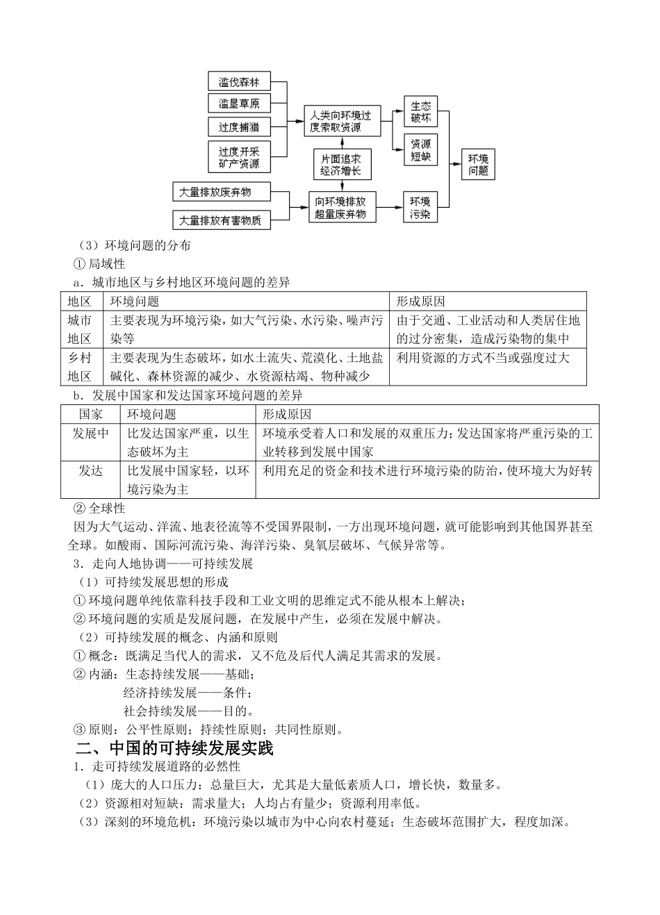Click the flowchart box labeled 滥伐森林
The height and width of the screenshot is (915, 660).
pyautogui.click(x=239, y=82)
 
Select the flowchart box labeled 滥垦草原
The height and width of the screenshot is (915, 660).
pyautogui.click(x=239, y=104)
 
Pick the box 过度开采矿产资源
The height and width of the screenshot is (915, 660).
pyautogui.click(x=239, y=157)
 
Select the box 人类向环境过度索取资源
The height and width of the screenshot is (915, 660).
pyautogui.click(x=341, y=122)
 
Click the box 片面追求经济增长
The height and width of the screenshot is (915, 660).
pyautogui.click(x=341, y=165)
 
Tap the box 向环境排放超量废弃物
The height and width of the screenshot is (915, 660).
pyautogui.click(x=341, y=207)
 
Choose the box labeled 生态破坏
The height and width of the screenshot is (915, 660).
pyautogui.click(x=420, y=111)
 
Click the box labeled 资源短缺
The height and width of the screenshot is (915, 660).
pyautogui.click(x=420, y=150)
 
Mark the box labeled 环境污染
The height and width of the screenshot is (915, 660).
pyautogui.click(x=420, y=207)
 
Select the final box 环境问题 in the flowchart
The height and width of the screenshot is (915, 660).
pyautogui.click(x=478, y=164)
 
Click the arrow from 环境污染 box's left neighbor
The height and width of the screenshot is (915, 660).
pyautogui.click(x=389, y=207)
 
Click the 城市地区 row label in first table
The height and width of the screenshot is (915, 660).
pyautogui.click(x=79, y=329)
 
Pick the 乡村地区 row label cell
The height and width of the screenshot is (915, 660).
pyautogui.click(x=79, y=367)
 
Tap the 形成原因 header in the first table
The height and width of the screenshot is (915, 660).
pyautogui.click(x=421, y=301)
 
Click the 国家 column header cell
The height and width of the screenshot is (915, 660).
pyautogui.click(x=91, y=414)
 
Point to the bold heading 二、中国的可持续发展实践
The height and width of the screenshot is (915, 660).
pyautogui.click(x=174, y=748)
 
